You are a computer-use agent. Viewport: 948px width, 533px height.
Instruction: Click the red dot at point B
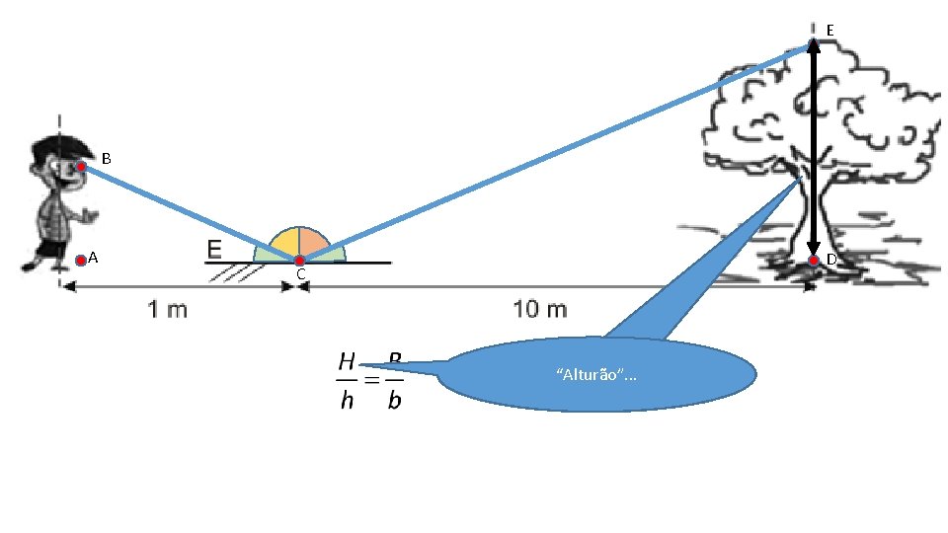[81, 167]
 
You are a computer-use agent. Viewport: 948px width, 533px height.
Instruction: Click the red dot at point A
[81, 261]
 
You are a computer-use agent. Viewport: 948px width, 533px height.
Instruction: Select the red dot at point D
[813, 261]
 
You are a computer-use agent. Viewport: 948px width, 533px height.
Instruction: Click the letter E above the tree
[829, 32]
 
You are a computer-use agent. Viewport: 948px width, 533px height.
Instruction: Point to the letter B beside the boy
[106, 159]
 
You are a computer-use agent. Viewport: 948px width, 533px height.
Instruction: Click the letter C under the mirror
[300, 274]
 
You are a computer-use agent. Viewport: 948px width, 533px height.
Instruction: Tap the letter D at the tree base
[831, 260]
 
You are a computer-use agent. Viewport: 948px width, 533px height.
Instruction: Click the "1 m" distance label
[168, 310]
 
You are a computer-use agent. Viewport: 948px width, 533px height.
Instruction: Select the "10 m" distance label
[540, 310]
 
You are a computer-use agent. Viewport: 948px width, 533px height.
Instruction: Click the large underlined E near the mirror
[214, 249]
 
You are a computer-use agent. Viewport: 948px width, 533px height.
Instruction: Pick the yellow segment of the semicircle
[284, 242]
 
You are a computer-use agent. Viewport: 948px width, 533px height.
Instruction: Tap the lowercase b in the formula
[394, 403]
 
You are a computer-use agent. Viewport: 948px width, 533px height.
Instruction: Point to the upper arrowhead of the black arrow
[814, 44]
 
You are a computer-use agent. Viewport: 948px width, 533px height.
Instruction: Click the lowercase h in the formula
[347, 403]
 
